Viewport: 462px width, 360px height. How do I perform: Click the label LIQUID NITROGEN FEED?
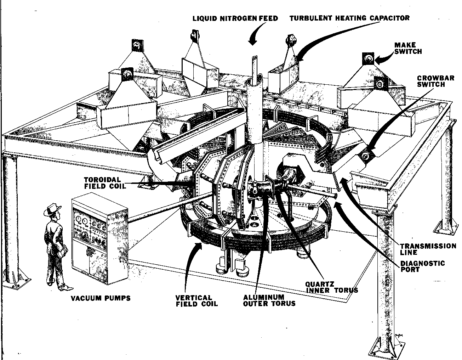click(235, 18)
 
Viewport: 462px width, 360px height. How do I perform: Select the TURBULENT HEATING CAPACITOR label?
click(349, 18)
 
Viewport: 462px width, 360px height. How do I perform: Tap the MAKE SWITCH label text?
click(408, 48)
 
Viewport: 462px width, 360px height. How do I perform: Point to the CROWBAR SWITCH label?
click(430, 81)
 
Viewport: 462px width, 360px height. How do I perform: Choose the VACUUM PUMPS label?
click(101, 298)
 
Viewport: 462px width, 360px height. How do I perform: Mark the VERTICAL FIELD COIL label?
click(196, 300)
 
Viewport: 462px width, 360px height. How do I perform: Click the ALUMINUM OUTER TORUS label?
click(269, 300)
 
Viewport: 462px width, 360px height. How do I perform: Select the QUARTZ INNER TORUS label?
click(331, 287)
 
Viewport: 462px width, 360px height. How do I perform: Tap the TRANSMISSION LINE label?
click(428, 249)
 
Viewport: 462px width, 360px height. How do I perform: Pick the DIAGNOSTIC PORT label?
click(422, 266)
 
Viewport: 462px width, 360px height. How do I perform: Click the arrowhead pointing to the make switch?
click(378, 60)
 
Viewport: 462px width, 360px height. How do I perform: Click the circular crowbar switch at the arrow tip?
click(365, 155)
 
